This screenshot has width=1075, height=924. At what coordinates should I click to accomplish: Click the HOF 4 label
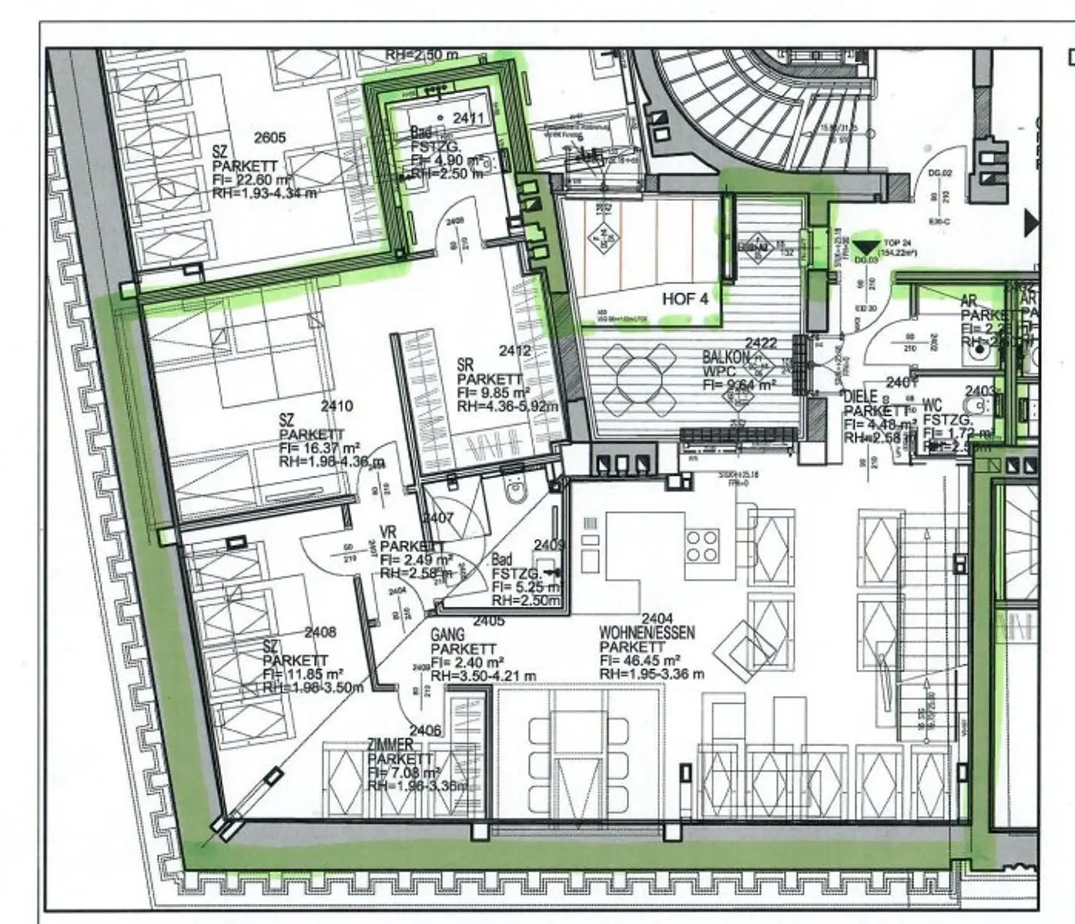[x=685, y=299]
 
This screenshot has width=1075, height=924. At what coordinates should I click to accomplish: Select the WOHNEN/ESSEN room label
[x=647, y=633]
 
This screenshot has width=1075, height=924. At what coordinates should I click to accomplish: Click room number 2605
[x=269, y=137]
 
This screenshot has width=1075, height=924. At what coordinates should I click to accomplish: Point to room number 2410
[x=337, y=406]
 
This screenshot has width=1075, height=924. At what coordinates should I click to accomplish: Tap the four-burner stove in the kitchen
[x=702, y=546]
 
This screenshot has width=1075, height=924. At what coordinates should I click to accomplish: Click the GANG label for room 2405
[x=447, y=635]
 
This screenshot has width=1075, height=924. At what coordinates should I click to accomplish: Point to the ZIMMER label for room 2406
[x=391, y=745]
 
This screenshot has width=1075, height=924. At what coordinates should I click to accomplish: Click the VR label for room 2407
[x=388, y=533]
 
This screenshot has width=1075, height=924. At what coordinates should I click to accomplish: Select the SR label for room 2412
[x=465, y=365]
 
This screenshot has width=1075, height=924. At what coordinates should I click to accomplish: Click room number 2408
[x=320, y=632]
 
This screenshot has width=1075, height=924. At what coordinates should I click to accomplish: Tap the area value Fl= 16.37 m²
[x=319, y=448]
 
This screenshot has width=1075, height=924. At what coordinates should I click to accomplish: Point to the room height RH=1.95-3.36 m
[x=651, y=674]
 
